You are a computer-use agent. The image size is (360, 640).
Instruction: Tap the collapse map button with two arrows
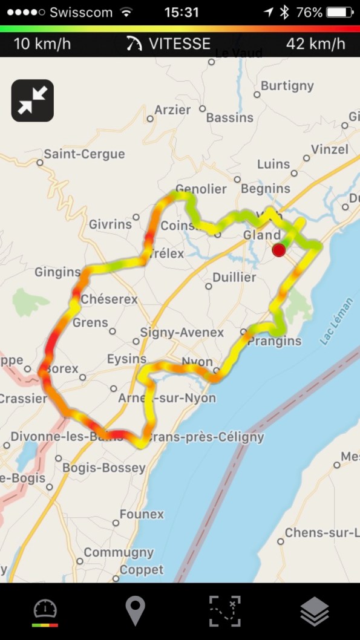pyautogui.click(x=32, y=100)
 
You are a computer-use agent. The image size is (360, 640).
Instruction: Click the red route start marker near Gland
pyautogui.click(x=279, y=250)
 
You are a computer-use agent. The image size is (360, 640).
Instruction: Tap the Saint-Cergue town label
pyautogui.click(x=83, y=154)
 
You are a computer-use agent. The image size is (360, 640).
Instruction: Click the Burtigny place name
pyautogui.click(x=287, y=86)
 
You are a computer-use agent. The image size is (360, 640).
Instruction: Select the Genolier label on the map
pyautogui.click(x=201, y=189)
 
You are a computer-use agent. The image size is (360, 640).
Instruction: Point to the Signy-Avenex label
pyautogui.click(x=182, y=333)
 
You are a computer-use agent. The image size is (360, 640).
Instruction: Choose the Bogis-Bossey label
pyautogui.click(x=104, y=468)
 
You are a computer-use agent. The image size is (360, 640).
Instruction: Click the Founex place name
pyautogui.click(x=142, y=514)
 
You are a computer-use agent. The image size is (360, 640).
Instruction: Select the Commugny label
pyautogui.click(x=119, y=552)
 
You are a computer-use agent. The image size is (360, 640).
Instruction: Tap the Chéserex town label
pyautogui.click(x=109, y=299)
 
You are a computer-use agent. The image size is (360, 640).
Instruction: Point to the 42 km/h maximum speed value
pyautogui.click(x=315, y=44)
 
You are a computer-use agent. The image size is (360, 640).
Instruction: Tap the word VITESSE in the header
pyautogui.click(x=180, y=44)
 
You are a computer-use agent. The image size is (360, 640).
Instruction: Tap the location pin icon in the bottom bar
pyautogui.click(x=135, y=611)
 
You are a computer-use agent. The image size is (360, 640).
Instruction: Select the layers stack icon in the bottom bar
pyautogui.click(x=315, y=611)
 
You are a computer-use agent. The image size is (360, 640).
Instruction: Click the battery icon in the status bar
pyautogui.click(x=339, y=12)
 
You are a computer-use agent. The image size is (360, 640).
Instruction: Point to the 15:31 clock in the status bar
pyautogui.click(x=182, y=12)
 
